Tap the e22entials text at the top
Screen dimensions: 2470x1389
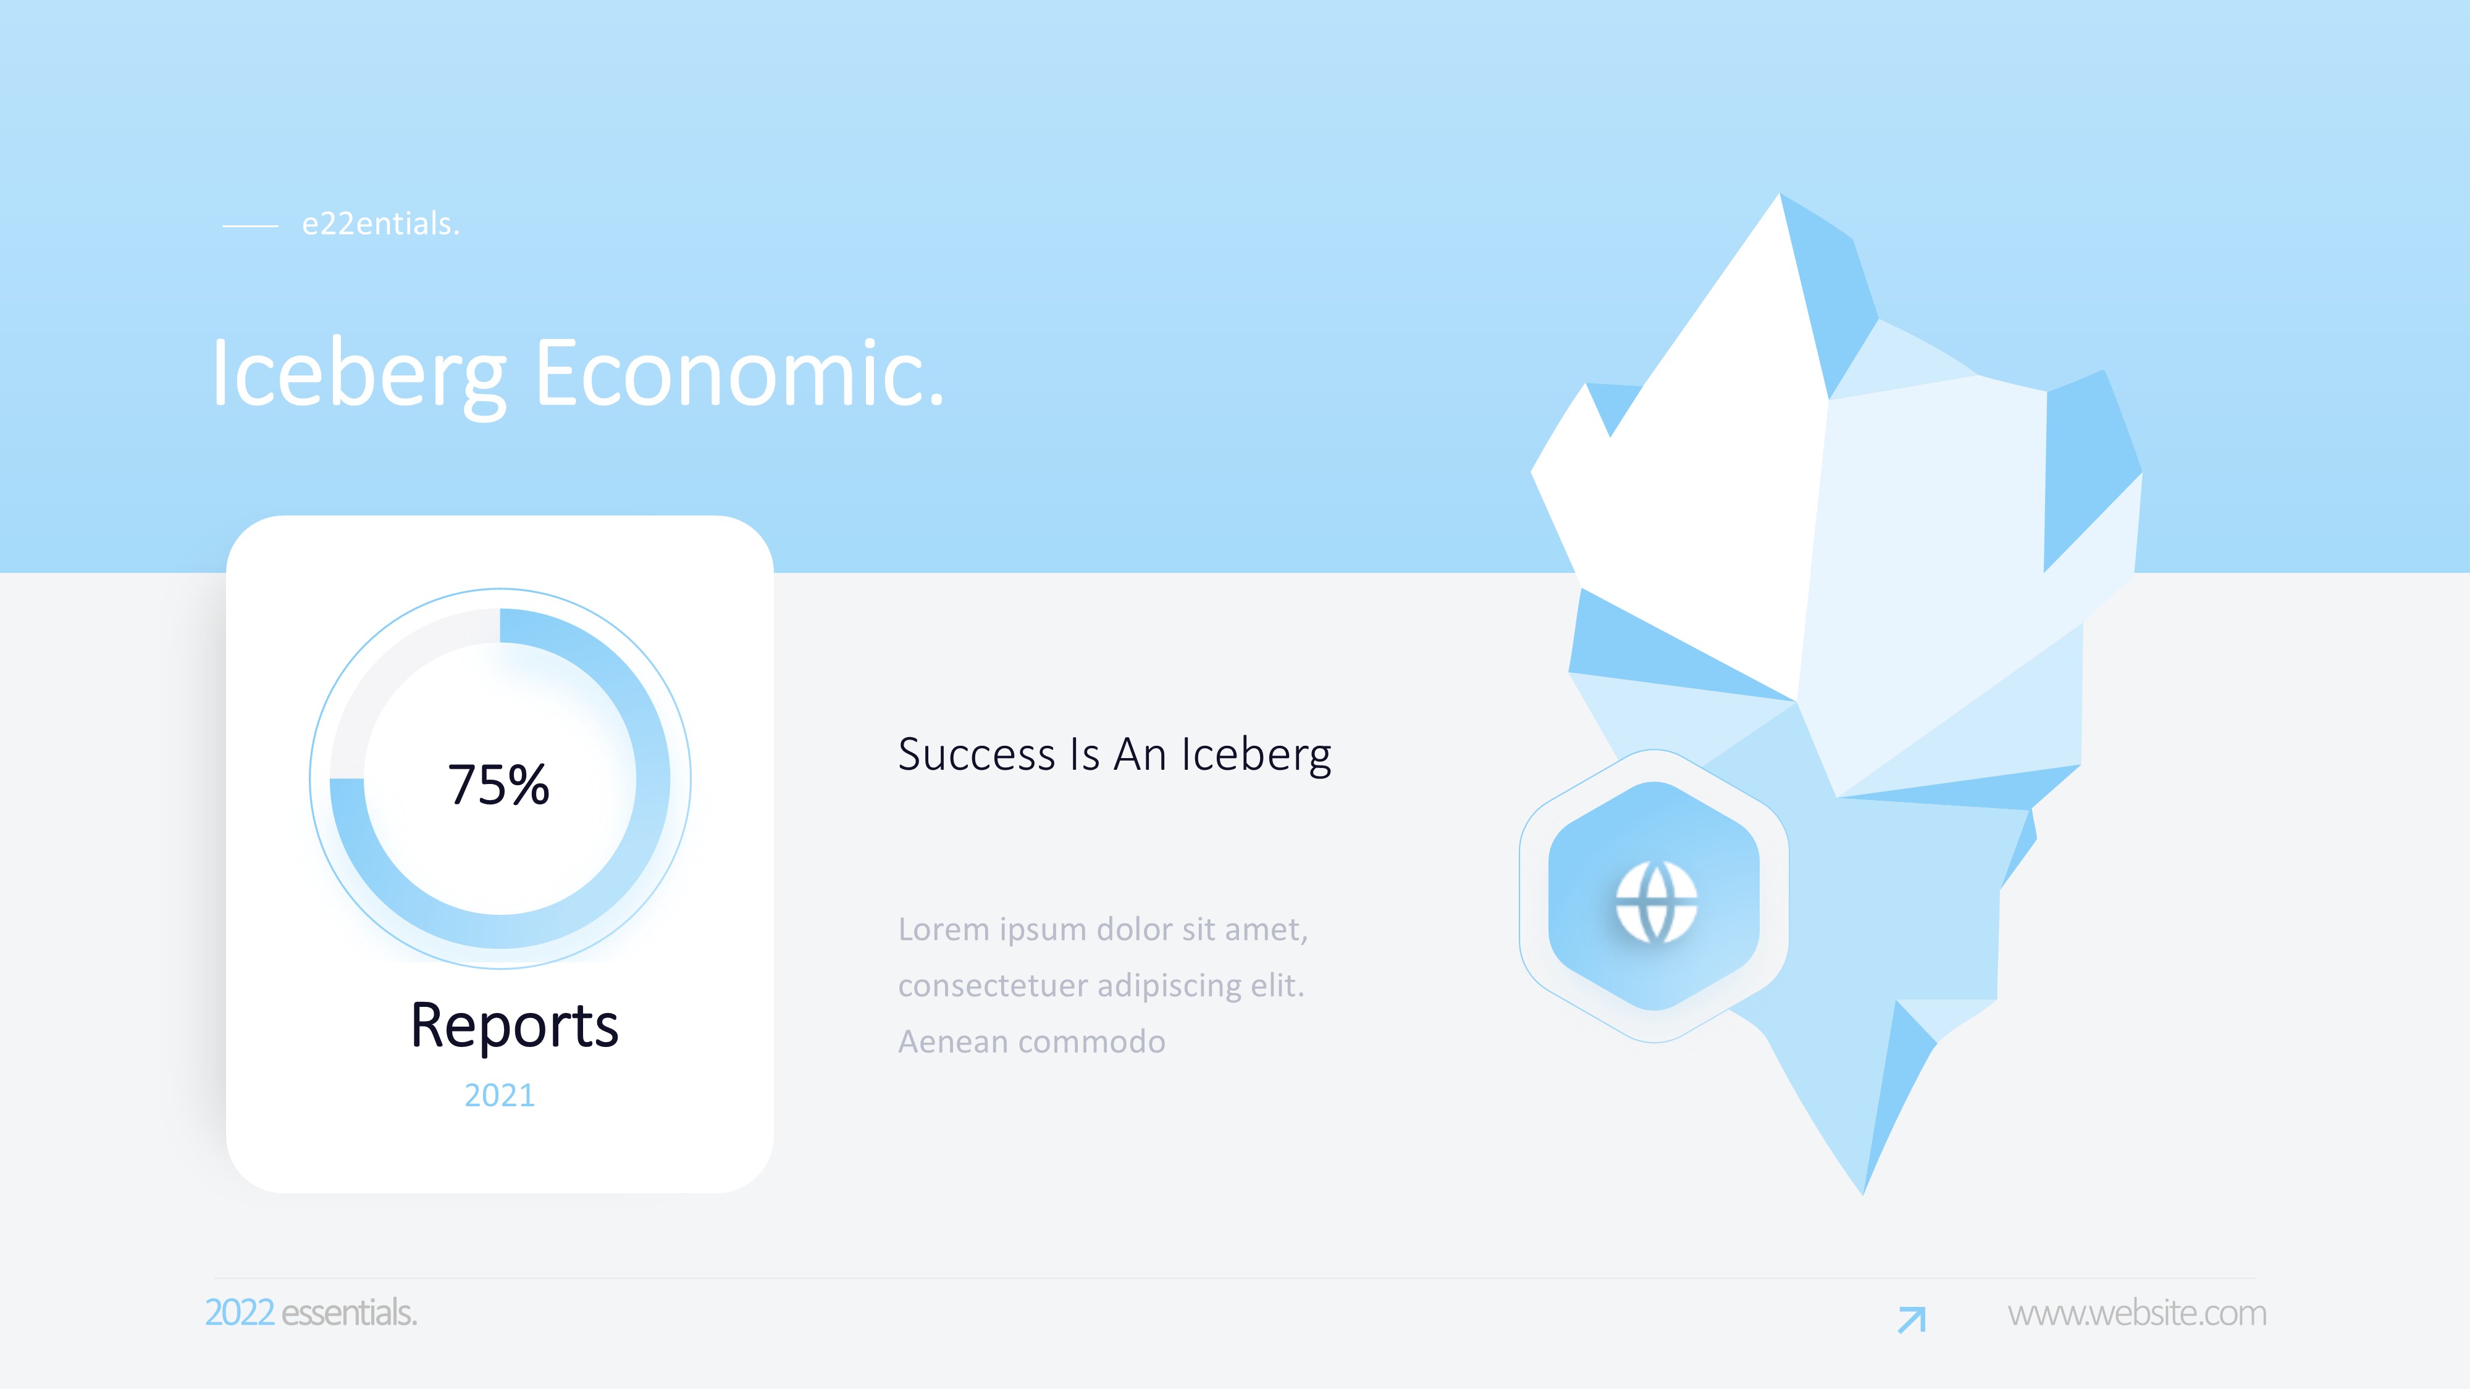(380, 223)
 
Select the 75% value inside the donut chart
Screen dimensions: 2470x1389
(498, 784)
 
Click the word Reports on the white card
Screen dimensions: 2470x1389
(514, 1025)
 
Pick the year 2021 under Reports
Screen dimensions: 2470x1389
(500, 1095)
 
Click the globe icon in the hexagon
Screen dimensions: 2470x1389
(1656, 902)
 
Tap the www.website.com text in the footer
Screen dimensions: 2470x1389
(2137, 1312)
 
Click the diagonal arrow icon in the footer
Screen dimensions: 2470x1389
(1911, 1320)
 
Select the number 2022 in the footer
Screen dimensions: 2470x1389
(240, 1312)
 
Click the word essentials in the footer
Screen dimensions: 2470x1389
(349, 1312)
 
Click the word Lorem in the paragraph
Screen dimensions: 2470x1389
(944, 929)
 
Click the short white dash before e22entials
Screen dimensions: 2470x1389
(250, 226)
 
